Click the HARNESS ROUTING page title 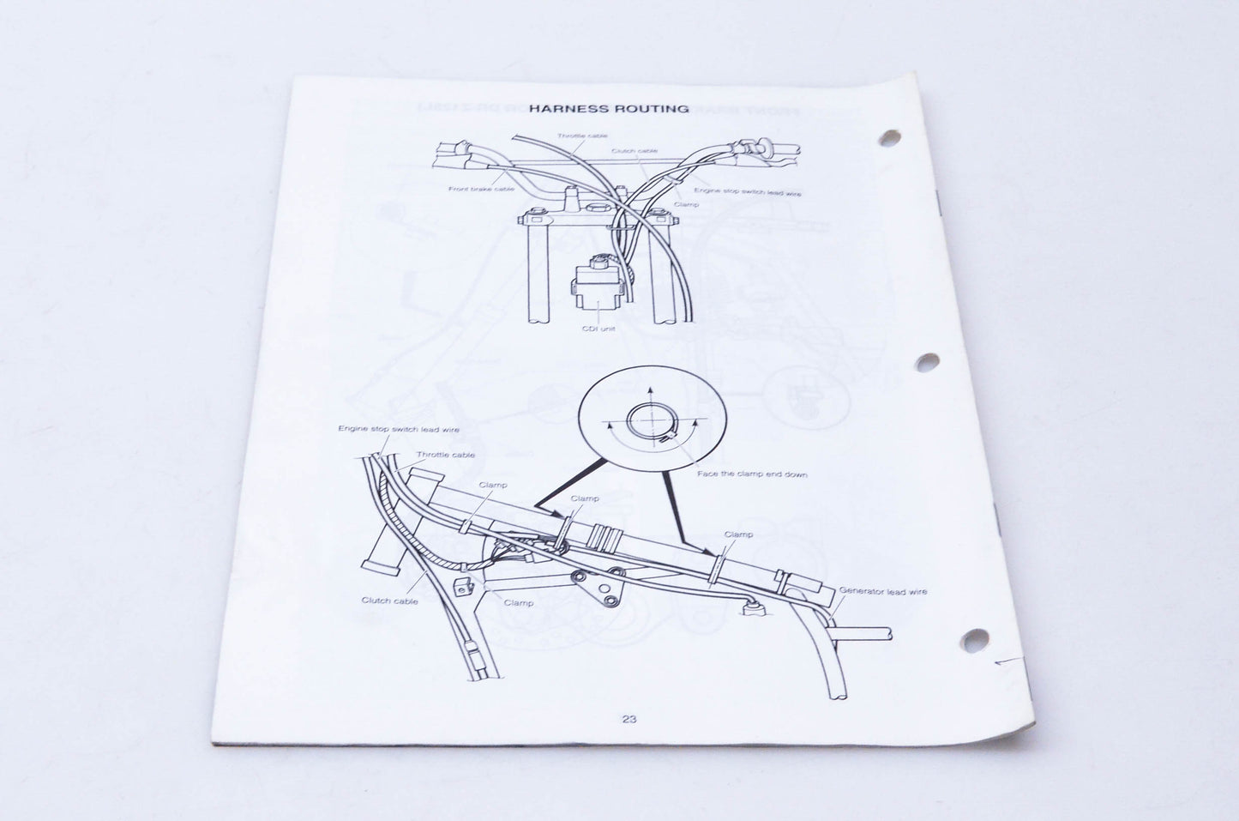609,108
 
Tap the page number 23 629,719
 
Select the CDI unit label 599,329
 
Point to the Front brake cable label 481,190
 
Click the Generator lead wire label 883,591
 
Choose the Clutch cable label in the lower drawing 390,601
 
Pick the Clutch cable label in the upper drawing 635,150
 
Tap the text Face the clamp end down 752,474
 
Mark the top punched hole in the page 889,138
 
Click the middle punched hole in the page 927,362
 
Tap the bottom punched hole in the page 974,640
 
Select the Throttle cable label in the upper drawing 582,136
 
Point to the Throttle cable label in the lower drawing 445,455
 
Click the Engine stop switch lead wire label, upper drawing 748,192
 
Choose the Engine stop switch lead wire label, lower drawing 398,429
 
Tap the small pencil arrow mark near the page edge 1006,661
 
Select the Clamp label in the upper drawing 686,204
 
